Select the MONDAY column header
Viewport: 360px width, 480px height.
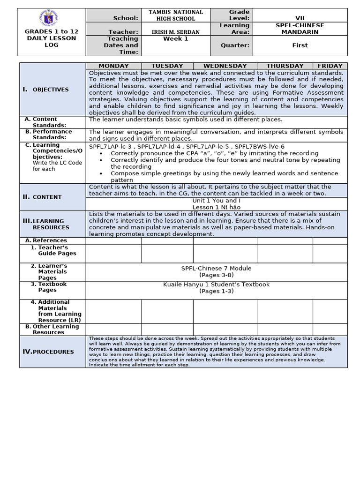pyautogui.click(x=113, y=66)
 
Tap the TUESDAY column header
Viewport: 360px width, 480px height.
pyautogui.click(x=167, y=66)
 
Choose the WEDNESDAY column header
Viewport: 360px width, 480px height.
pyautogui.click(x=225, y=66)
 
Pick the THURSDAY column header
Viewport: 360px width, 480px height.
pyautogui.click(x=285, y=66)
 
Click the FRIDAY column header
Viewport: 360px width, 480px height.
pyautogui.click(x=330, y=66)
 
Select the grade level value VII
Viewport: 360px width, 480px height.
pyautogui.click(x=300, y=18)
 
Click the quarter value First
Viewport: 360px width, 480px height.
pyautogui.click(x=300, y=45)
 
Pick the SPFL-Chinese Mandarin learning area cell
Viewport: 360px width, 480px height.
pyautogui.click(x=300, y=28)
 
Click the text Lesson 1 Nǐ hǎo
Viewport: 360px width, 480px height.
pyautogui.click(x=216, y=207)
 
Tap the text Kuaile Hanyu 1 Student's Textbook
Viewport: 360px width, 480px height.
pyautogui.click(x=216, y=285)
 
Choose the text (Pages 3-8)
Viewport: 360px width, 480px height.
pyautogui.click(x=216, y=275)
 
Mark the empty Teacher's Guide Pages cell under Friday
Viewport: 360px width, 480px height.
pyautogui.click(x=330, y=254)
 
